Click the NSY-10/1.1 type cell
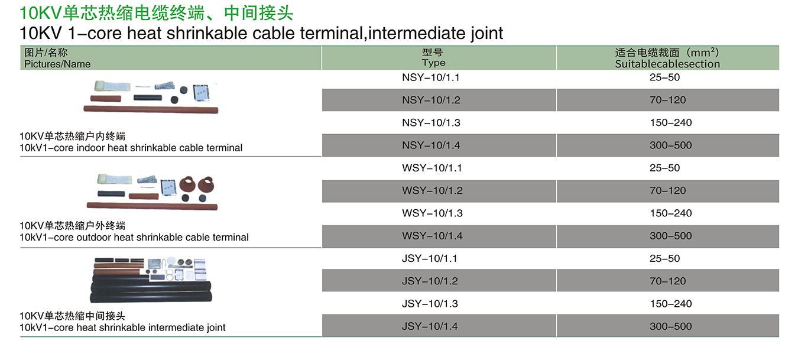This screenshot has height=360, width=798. tap(431, 77)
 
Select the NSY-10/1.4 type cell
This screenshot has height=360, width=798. tap(431, 145)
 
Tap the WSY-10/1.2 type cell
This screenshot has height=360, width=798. tap(432, 190)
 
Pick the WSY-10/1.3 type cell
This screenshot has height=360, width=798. tap(432, 213)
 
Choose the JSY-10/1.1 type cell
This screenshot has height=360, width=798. tap(429, 258)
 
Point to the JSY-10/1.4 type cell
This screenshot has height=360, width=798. tap(430, 326)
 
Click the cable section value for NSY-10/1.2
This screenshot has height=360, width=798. tap(667, 100)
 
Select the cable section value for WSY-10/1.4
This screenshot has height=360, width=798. tap(670, 236)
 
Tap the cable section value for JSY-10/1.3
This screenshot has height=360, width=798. tap(670, 304)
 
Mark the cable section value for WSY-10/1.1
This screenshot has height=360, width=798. tap(664, 168)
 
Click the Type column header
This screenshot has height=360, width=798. tap(433, 58)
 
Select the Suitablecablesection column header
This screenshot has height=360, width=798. tap(667, 58)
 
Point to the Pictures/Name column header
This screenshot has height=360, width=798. tap(57, 58)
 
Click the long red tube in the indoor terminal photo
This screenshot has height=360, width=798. tap(151, 110)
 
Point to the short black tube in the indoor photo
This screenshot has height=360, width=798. tap(148, 98)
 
